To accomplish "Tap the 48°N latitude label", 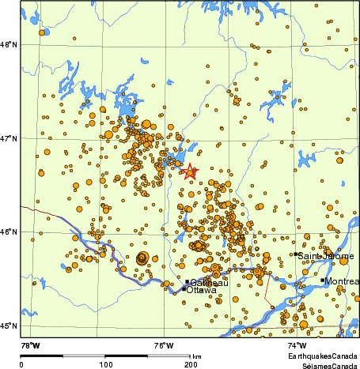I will point(9,45).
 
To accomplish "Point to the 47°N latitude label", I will point(9,139).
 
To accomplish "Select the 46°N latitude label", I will point(9,232).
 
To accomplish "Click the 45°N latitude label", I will point(9,326).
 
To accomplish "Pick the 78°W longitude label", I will point(30,345).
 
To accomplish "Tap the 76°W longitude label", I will point(164,345).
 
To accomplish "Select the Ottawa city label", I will point(201,291).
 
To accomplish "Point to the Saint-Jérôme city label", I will point(325,256).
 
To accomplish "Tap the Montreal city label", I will point(342,282).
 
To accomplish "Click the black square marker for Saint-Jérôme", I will point(296,254).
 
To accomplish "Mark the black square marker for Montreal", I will point(323,281).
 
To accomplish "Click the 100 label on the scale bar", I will point(105,364).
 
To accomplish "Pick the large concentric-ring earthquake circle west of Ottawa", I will point(142,258).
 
